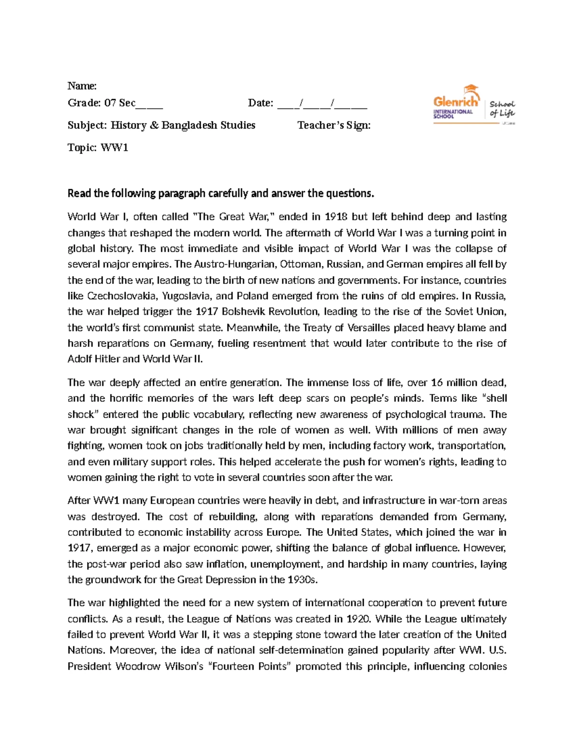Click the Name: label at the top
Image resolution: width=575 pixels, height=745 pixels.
coord(82,86)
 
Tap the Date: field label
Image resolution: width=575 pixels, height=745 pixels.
coord(261,103)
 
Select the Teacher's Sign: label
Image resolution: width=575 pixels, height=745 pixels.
coord(334,125)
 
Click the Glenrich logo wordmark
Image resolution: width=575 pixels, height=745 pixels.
coord(456,101)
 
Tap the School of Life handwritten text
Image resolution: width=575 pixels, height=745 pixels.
coord(502,108)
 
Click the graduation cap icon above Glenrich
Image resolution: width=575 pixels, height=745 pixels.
coord(471,89)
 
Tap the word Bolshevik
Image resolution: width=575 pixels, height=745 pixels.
coord(243,312)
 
